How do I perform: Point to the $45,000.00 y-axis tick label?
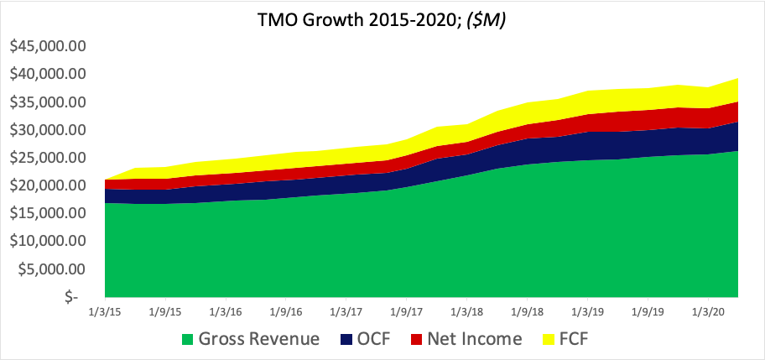pos(48,46)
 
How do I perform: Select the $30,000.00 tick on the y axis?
pos(48,130)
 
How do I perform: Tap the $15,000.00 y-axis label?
pos(48,213)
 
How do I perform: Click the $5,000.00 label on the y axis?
pos(53,269)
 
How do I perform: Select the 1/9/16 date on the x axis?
pos(285,311)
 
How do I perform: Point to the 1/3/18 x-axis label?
pos(466,311)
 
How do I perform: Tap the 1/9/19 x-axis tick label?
pos(648,311)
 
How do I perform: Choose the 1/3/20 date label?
pos(708,311)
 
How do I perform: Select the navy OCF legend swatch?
pos(345,340)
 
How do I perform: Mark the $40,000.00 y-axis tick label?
pos(48,74)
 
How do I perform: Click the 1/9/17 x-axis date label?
pos(406,311)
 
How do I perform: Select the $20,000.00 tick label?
pos(48,185)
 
